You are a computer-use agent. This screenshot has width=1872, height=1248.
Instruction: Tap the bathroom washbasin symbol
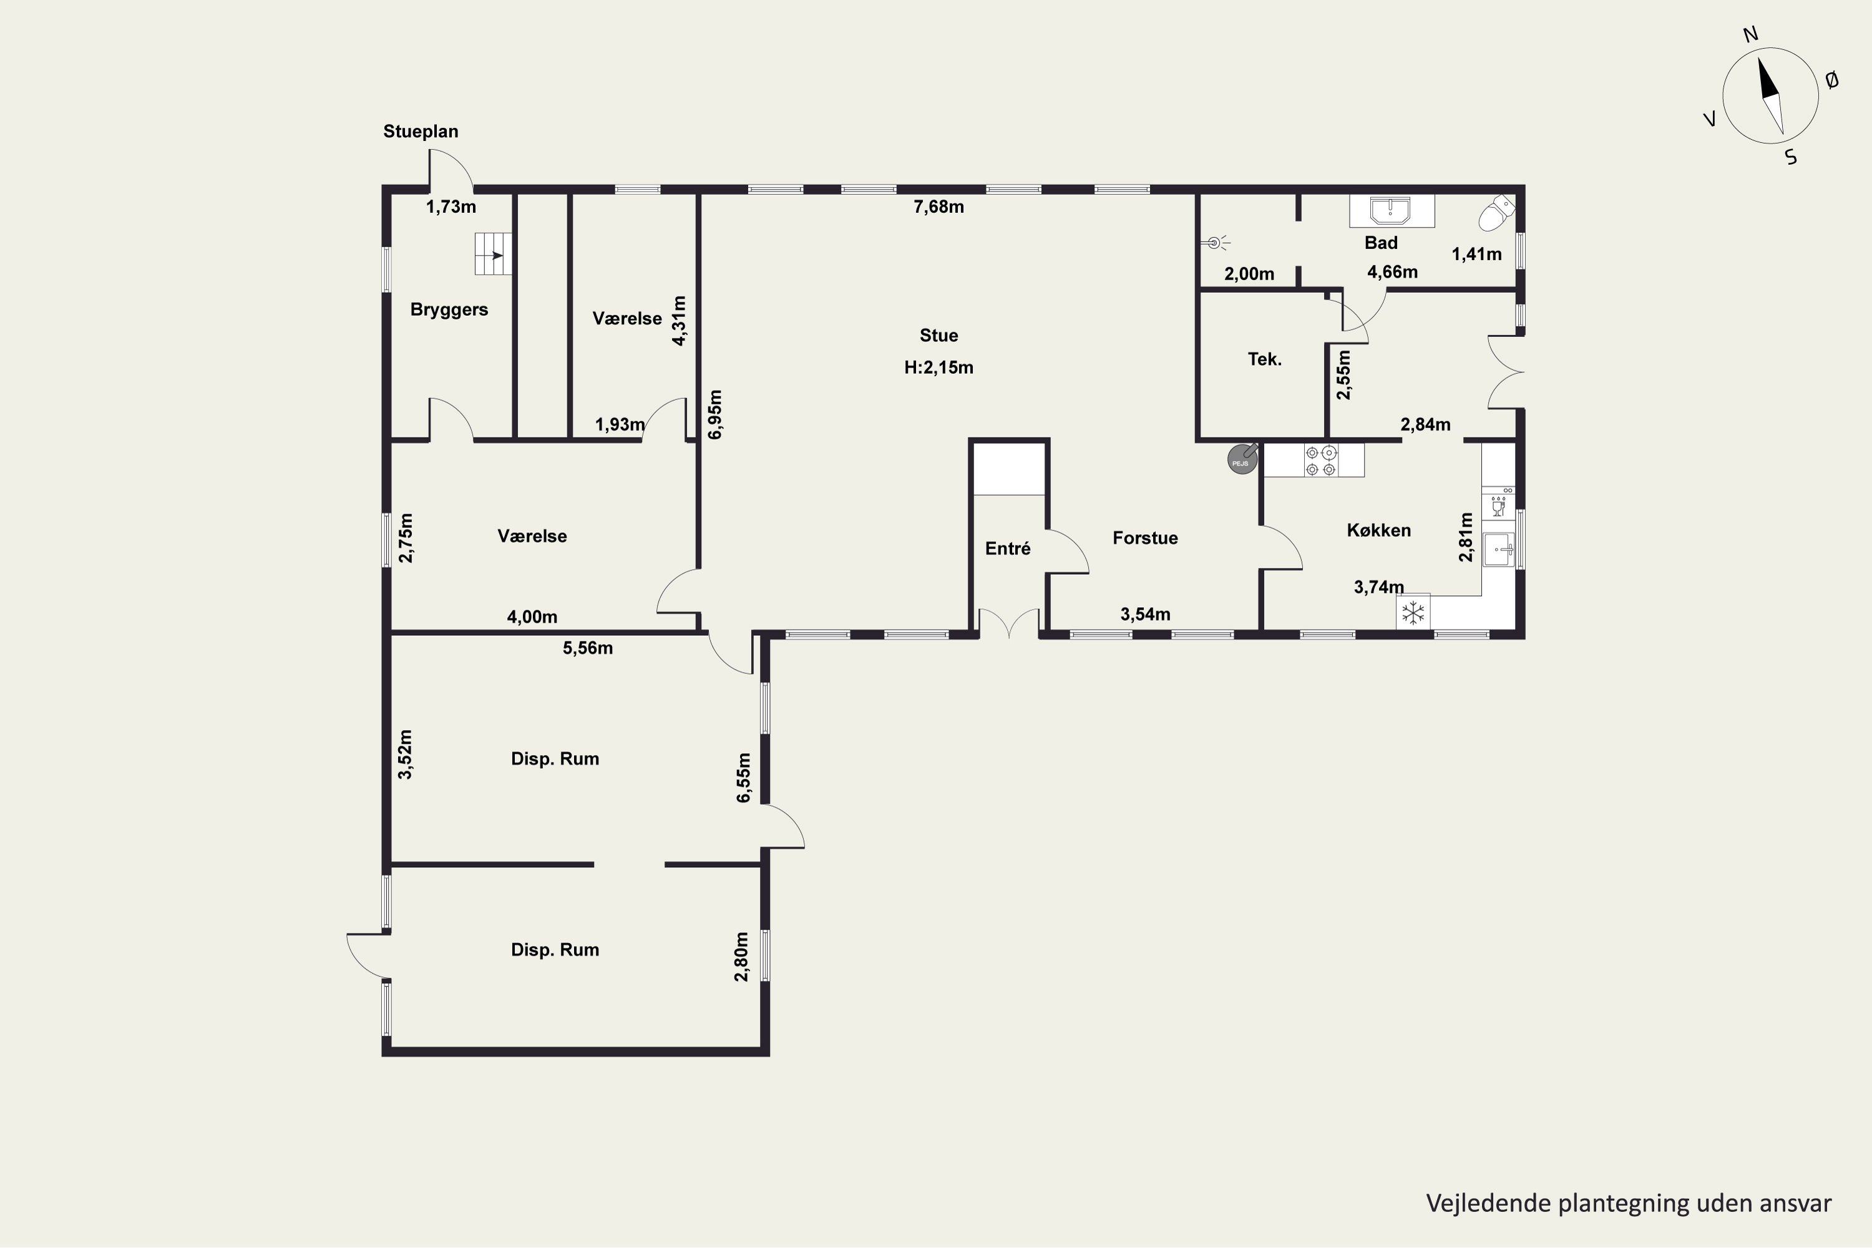point(1392,211)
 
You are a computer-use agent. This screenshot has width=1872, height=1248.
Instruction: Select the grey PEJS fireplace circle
point(1242,459)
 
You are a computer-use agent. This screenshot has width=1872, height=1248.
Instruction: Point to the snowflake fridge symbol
point(1413,613)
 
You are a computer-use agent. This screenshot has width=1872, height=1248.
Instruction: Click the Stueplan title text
point(421,131)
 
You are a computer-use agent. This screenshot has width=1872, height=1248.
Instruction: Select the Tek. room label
point(1265,359)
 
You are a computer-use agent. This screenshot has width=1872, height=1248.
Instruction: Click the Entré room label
point(1008,548)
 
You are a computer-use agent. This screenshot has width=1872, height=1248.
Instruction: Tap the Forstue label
point(1145,538)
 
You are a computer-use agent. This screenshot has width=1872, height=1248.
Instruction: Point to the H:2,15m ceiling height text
point(938,368)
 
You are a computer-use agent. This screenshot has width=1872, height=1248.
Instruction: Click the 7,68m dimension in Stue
point(938,207)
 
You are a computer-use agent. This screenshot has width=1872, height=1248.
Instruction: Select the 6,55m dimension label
point(743,778)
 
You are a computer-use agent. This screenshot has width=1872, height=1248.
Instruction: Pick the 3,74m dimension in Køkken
point(1378,587)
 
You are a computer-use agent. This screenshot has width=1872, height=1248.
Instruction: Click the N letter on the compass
point(1750,34)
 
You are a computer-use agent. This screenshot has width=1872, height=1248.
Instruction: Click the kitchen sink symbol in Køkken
point(1499,549)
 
